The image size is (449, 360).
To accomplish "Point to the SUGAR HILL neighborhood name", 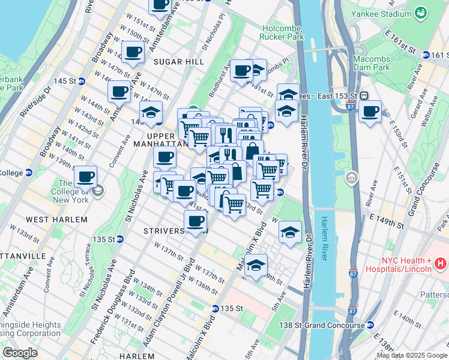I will (x=172, y=62).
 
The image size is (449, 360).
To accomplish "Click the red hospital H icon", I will (x=440, y=263).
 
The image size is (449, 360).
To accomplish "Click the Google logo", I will (x=20, y=353).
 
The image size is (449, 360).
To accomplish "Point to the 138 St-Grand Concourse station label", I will (x=328, y=325).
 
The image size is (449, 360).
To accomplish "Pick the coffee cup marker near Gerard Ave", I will (x=370, y=112).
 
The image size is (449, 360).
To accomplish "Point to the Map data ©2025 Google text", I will (x=412, y=355).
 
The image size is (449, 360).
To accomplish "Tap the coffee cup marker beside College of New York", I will (x=86, y=177).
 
